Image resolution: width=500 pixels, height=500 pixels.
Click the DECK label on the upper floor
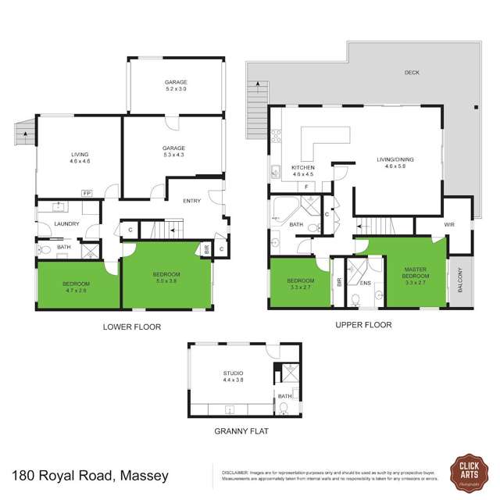(412, 73)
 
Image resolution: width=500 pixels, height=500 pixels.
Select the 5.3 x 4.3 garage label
(173, 152)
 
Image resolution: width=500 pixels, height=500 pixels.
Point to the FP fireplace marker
(86, 193)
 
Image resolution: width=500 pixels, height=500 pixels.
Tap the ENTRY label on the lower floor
(191, 201)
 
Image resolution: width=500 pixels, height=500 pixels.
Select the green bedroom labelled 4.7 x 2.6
(77, 286)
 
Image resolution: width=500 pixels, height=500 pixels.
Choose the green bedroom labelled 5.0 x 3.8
(166, 277)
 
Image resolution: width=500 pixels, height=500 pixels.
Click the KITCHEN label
(302, 171)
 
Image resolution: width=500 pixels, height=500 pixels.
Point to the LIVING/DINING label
(399, 162)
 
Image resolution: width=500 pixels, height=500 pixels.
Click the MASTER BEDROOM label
(415, 273)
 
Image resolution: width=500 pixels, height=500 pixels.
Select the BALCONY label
(460, 280)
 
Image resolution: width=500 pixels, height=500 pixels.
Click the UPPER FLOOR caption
(363, 325)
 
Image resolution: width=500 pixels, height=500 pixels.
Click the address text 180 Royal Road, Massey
(90, 474)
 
